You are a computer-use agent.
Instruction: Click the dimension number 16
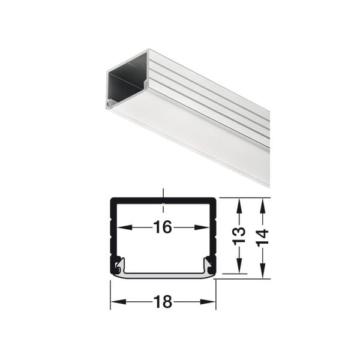[163, 227]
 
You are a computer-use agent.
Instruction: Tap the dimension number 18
[163, 302]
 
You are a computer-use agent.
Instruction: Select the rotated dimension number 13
[239, 236]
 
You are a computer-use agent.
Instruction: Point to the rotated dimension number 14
[263, 238]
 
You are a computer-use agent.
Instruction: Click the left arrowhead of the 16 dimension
[125, 227]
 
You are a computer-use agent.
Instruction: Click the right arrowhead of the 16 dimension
[202, 227]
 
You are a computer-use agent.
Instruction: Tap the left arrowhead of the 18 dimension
[118, 302]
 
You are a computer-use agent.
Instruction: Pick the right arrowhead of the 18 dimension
[208, 302]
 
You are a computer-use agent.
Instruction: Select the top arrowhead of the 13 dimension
[239, 206]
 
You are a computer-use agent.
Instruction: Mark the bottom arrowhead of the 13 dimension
[239, 265]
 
